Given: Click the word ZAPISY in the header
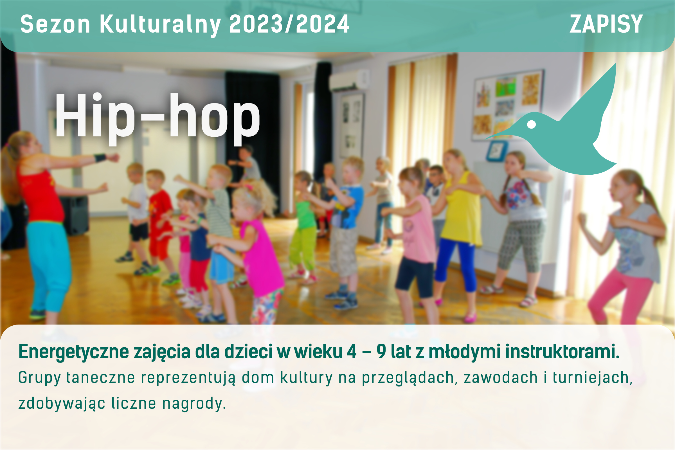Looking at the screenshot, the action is (x=606, y=24).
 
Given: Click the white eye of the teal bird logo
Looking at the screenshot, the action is (x=532, y=125).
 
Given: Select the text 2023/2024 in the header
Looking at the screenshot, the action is (x=289, y=24).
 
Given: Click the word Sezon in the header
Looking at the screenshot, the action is (x=55, y=24).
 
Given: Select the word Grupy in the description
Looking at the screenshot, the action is (x=40, y=378).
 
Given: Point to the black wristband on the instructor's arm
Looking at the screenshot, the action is (x=100, y=157).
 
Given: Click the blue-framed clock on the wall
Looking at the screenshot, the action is (x=497, y=151).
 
